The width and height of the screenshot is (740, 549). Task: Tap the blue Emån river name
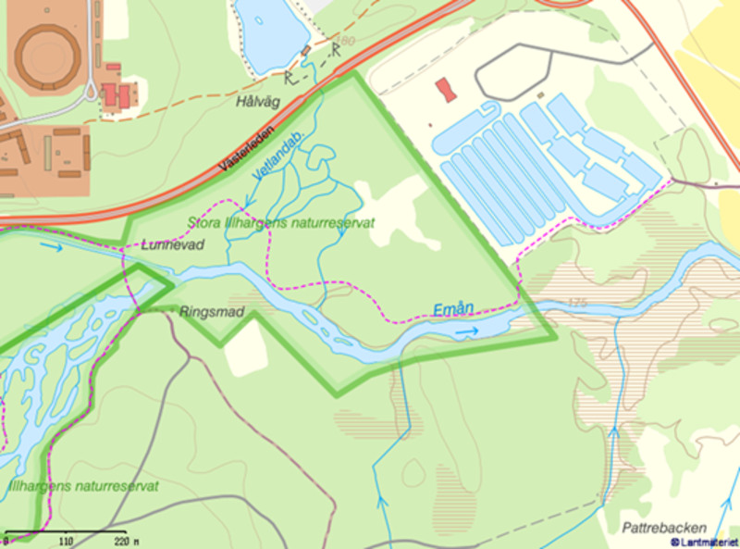pos(452,311)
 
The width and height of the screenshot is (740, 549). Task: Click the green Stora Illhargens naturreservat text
pos(280,223)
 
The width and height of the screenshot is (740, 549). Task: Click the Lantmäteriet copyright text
pos(704,541)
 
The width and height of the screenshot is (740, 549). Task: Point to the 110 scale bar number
pos(65,541)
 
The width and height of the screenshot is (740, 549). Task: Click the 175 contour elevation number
pos(577,304)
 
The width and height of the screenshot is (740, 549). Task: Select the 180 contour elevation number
pos(346,42)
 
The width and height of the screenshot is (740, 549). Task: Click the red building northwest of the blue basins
pos(447,90)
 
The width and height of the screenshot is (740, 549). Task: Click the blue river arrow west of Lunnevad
pos(52,247)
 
